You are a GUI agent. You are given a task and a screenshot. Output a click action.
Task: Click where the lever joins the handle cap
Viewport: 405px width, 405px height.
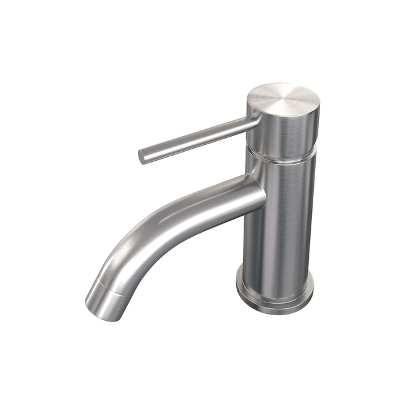[252, 120]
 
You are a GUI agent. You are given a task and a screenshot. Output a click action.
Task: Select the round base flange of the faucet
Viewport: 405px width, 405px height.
[275, 291]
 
